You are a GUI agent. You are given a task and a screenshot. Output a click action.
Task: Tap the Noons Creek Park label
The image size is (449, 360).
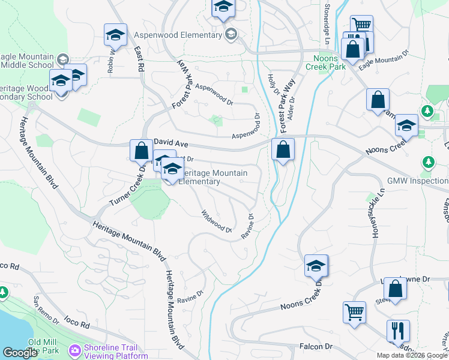coord(330,63)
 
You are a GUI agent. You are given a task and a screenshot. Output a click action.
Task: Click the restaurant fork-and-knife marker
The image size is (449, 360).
coord(398,331)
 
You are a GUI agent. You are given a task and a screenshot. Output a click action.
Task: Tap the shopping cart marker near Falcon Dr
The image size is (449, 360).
coord(354,313)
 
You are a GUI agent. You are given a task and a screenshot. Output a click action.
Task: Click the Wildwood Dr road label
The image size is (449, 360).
coord(216,221)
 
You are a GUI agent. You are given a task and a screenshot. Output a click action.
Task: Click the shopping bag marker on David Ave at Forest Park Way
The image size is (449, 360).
coord(283,149)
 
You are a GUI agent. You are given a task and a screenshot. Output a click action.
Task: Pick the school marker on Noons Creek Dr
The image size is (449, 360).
coord(316,265)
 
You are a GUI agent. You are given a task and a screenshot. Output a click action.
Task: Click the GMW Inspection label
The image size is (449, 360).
coord(418,181)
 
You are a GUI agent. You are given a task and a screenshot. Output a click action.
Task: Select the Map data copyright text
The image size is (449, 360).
coord(412,355)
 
